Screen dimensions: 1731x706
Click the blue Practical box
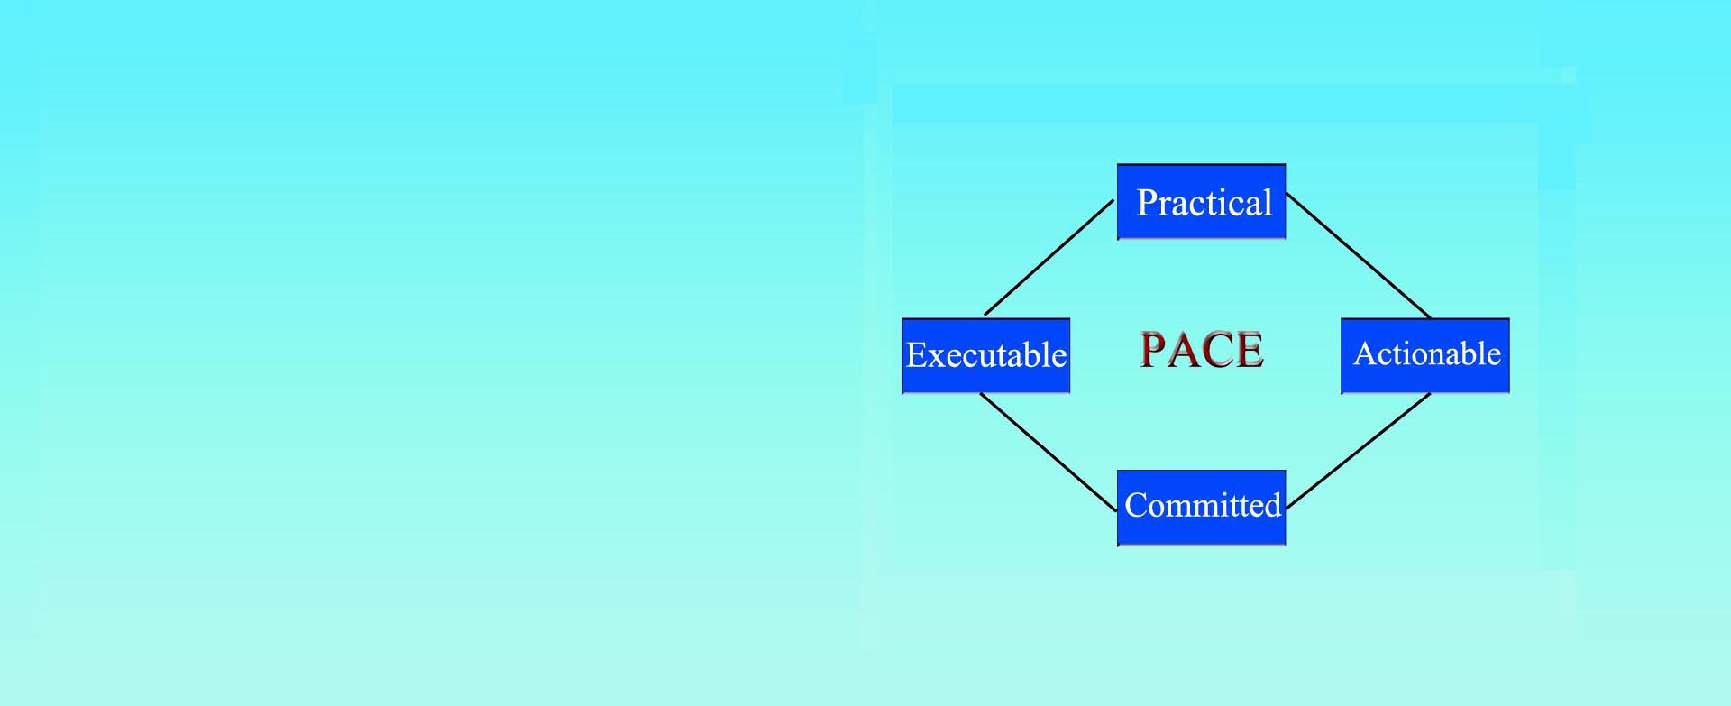pyautogui.click(x=1201, y=202)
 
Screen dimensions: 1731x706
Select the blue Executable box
pyautogui.click(x=985, y=356)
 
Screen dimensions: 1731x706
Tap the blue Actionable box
pyautogui.click(x=1425, y=356)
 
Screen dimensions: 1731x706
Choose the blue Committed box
pyautogui.click(x=1201, y=508)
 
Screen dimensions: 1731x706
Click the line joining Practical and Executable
pyautogui.click(x=1049, y=258)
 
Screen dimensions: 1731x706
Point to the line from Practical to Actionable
pyautogui.click(x=1358, y=255)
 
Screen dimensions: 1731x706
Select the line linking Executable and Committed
pyautogui.click(x=1049, y=453)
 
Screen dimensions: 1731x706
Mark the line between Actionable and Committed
pyautogui.click(x=1358, y=452)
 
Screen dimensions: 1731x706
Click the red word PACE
pyautogui.click(x=1202, y=350)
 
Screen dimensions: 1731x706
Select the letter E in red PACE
pyautogui.click(x=1250, y=350)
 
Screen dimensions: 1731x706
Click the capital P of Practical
pyautogui.click(x=1148, y=203)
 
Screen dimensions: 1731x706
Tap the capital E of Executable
pyautogui.click(x=917, y=355)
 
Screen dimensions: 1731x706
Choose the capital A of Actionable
pyautogui.click(x=1365, y=353)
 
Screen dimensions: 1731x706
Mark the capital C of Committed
pyautogui.click(x=1136, y=505)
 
